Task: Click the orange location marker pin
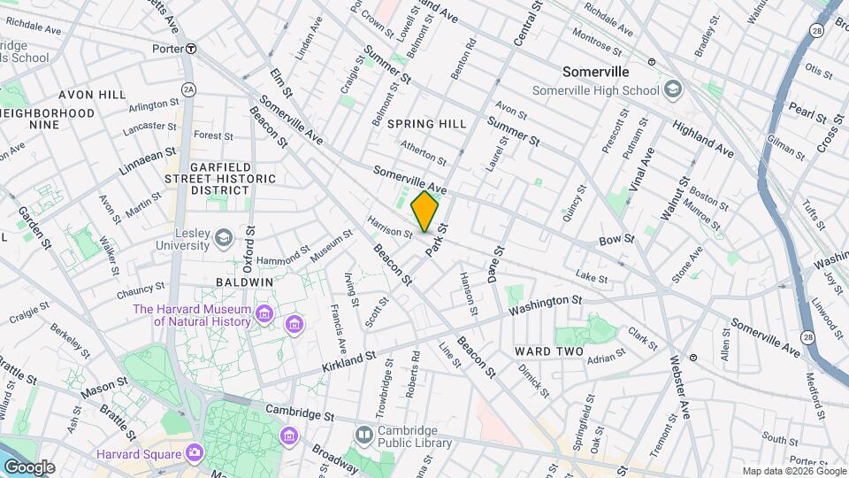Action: click(x=424, y=212)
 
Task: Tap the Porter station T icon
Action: click(x=191, y=49)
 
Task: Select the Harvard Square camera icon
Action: click(x=194, y=453)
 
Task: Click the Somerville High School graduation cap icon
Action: click(x=673, y=89)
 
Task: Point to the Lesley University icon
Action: click(x=224, y=236)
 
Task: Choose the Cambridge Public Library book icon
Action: click(x=363, y=435)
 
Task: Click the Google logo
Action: click(x=29, y=466)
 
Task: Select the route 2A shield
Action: click(x=187, y=89)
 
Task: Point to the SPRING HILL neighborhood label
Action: click(x=426, y=124)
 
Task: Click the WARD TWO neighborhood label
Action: click(x=548, y=351)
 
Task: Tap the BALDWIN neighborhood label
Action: click(x=243, y=281)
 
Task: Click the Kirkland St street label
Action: click(x=348, y=359)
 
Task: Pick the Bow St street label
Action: click(x=616, y=239)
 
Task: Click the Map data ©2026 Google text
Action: click(x=792, y=470)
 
